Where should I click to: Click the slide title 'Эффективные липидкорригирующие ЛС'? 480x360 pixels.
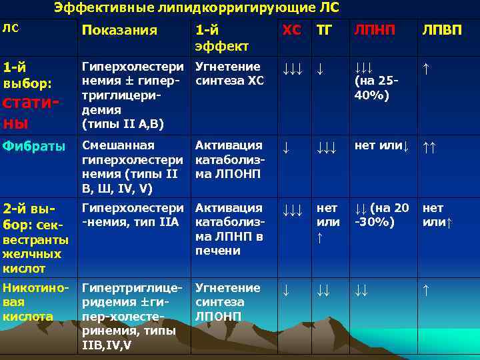[197, 8]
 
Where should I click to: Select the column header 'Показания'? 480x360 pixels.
[119, 30]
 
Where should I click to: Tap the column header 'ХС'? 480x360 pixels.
[291, 30]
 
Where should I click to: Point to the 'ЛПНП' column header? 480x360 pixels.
[374, 30]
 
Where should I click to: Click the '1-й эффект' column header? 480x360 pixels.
[221, 37]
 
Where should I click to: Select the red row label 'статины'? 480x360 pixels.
[31, 113]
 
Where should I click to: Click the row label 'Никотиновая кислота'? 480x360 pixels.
[35, 302]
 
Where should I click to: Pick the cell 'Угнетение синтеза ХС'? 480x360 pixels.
[229, 73]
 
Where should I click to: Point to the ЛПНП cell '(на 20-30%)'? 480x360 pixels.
[383, 215]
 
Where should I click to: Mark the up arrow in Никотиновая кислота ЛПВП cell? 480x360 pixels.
[426, 289]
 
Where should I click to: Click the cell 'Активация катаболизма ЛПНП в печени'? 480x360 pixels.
[229, 229]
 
